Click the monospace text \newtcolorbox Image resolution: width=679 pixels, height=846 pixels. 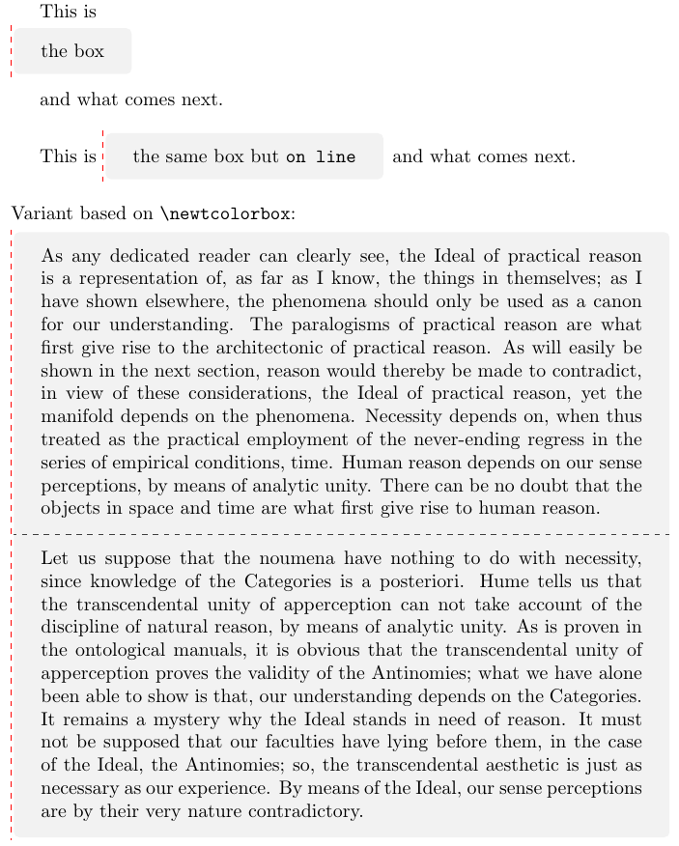[229, 214]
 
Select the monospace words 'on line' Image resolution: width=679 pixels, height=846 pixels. [321, 156]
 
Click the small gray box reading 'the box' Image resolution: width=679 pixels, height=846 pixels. [72, 51]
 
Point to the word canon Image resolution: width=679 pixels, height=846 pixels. [619, 302]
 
